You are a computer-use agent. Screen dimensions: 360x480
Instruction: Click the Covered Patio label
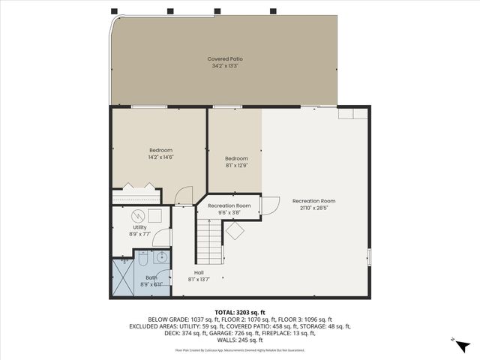point(225,58)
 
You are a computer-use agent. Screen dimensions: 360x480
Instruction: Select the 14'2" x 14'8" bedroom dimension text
point(160,157)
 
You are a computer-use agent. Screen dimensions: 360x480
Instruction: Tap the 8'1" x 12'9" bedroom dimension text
point(236,166)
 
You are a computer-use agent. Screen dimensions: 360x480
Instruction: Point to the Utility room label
point(139,227)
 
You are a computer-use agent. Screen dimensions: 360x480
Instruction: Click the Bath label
point(152,277)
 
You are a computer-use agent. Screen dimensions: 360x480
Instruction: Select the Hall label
point(199,272)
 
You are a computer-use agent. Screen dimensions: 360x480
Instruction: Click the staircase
point(210,242)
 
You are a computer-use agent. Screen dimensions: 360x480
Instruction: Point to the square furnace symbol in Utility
point(154,216)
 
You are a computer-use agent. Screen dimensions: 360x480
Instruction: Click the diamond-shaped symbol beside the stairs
point(235,231)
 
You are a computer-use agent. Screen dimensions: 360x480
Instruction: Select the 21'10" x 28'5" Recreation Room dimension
point(313,208)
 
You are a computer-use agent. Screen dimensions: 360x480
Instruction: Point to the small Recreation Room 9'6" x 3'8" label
point(229,209)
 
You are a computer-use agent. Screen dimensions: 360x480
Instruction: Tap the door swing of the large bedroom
point(181,196)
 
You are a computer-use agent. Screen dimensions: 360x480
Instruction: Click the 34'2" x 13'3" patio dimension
point(225,66)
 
